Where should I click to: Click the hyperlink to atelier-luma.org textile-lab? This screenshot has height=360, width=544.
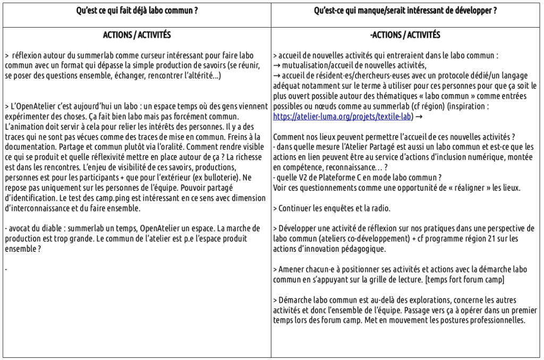343,115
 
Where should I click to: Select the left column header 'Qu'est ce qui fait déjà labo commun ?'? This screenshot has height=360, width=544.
137,10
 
